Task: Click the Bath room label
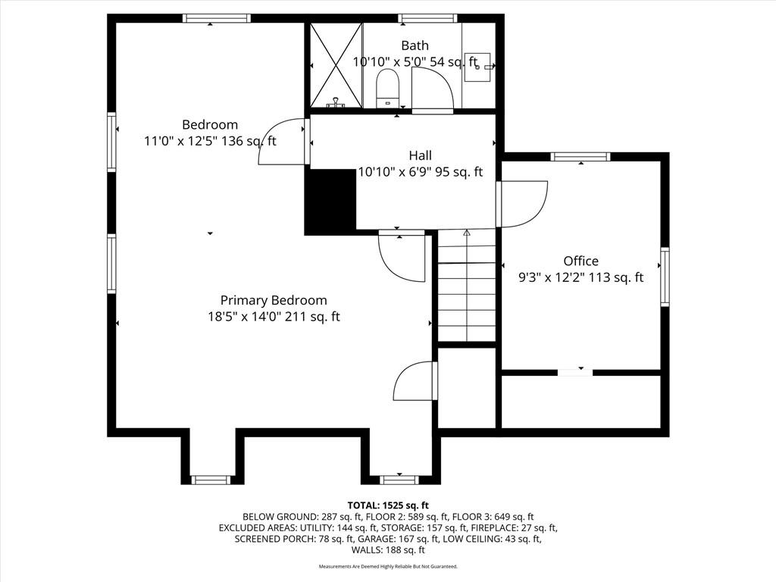point(415,45)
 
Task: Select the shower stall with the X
point(336,65)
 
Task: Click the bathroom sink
point(478,67)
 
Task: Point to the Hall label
point(420,155)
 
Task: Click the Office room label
point(581,261)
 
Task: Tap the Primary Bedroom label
point(274,300)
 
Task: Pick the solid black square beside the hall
point(330,201)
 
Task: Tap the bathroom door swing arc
point(432,88)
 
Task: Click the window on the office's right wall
point(665,277)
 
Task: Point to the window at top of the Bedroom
point(216,18)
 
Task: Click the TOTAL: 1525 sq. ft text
point(388,505)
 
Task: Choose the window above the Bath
point(428,18)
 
